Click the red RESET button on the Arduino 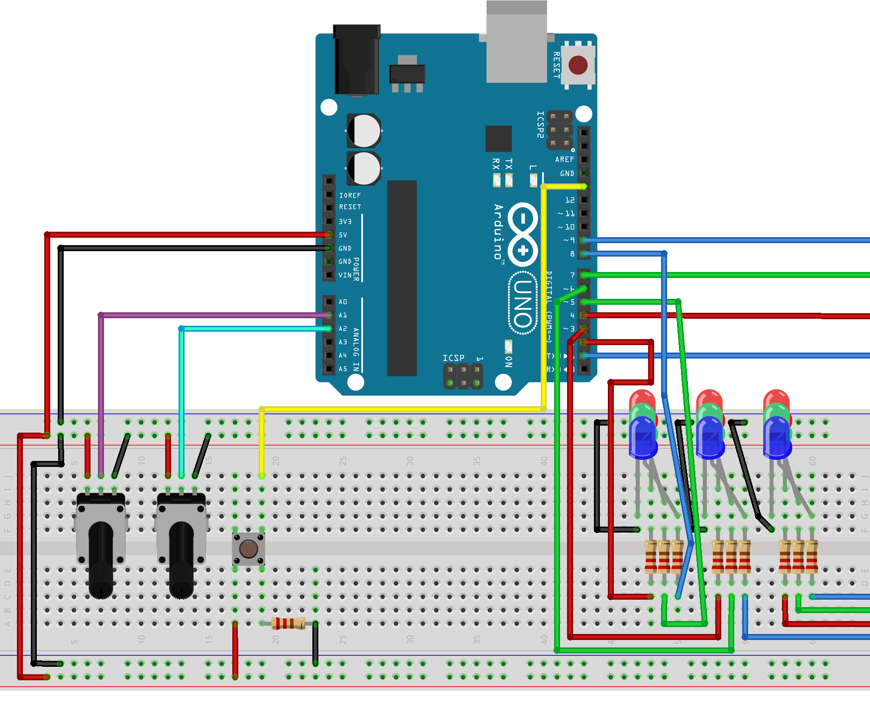pyautogui.click(x=578, y=65)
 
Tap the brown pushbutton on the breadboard pyautogui.click(x=248, y=549)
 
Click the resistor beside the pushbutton pyautogui.click(x=289, y=623)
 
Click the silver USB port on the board pyautogui.click(x=516, y=45)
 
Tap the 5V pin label pyautogui.click(x=343, y=235)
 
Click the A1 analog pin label pyautogui.click(x=343, y=315)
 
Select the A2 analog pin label pyautogui.click(x=343, y=329)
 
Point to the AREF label pyautogui.click(x=564, y=160)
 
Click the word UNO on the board pyautogui.click(x=523, y=303)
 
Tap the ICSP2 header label pyautogui.click(x=540, y=124)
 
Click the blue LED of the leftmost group pyautogui.click(x=643, y=438)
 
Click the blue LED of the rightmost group pyautogui.click(x=777, y=438)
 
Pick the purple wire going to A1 pyautogui.click(x=209, y=315)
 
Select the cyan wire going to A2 pyautogui.click(x=249, y=328)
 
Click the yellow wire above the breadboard pyautogui.click(x=398, y=409)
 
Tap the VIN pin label pyautogui.click(x=345, y=275)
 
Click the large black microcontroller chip pyautogui.click(x=401, y=278)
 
